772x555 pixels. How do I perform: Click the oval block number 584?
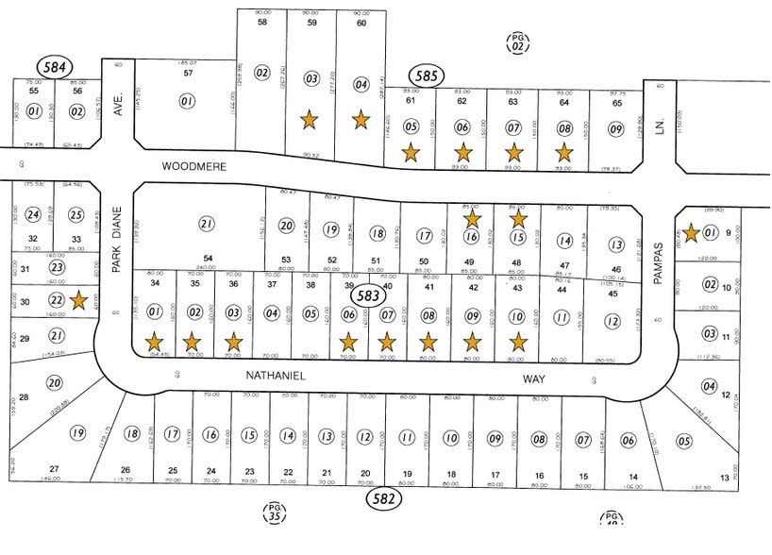tap(54, 66)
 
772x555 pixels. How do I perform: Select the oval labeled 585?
tap(424, 76)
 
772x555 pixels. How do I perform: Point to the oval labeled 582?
tap(384, 497)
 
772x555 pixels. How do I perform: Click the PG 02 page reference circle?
tap(517, 42)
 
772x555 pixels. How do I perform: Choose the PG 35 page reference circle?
tap(273, 513)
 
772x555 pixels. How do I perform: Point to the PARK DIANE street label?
tap(117, 242)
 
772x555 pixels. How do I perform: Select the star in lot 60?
tap(360, 120)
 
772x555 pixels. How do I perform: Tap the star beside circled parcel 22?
tap(79, 301)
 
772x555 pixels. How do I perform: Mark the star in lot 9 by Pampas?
tap(692, 231)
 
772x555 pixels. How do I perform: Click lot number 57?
tap(188, 72)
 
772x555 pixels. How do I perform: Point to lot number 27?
tap(55, 469)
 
